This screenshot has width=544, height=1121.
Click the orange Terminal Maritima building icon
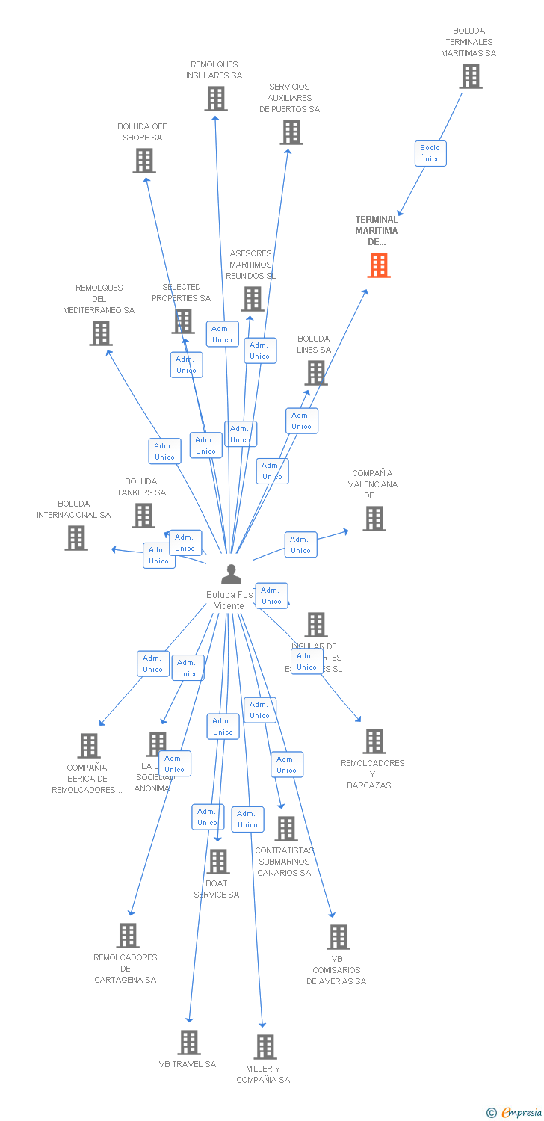(x=379, y=265)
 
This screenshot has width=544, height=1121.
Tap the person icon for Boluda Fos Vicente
(x=232, y=575)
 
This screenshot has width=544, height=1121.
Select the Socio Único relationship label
(x=430, y=153)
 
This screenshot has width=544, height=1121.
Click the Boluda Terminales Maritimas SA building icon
(x=470, y=76)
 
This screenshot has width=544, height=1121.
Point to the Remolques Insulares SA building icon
(x=215, y=99)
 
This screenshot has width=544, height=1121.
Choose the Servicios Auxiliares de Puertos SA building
(x=291, y=132)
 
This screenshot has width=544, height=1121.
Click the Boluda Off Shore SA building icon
(x=144, y=161)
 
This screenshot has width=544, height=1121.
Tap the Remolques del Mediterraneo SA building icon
(x=101, y=333)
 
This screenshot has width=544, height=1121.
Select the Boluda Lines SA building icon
(x=316, y=373)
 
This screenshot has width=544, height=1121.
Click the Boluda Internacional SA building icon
(x=75, y=538)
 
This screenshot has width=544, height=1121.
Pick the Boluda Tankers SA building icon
(x=143, y=516)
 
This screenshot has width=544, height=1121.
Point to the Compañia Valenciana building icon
(x=374, y=519)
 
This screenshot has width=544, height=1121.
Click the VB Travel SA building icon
(x=189, y=1043)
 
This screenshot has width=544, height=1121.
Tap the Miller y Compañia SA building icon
(x=265, y=1047)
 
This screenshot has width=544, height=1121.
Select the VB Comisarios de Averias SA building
(x=338, y=937)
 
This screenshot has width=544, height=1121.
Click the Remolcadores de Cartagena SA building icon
(x=128, y=936)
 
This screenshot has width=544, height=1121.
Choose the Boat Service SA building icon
(x=217, y=862)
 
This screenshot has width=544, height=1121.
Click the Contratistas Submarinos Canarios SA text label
(x=284, y=862)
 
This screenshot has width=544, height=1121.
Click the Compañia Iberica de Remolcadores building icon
(x=89, y=746)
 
